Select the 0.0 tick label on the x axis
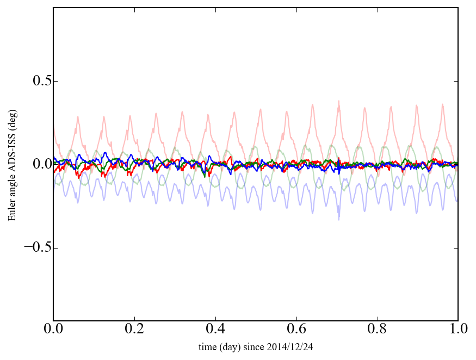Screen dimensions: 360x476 tap(53, 330)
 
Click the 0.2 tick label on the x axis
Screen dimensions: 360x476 tap(134, 330)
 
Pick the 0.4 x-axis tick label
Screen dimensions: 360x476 tap(215, 330)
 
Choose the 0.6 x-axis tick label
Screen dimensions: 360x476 tap(296, 330)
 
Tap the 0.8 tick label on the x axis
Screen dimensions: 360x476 tap(378, 330)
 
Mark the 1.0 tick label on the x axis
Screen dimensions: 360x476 tap(458, 330)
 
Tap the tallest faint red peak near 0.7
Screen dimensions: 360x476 tap(339, 101)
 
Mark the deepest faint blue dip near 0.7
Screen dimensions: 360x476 tap(339, 219)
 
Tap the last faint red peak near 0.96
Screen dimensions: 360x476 tap(442, 104)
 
